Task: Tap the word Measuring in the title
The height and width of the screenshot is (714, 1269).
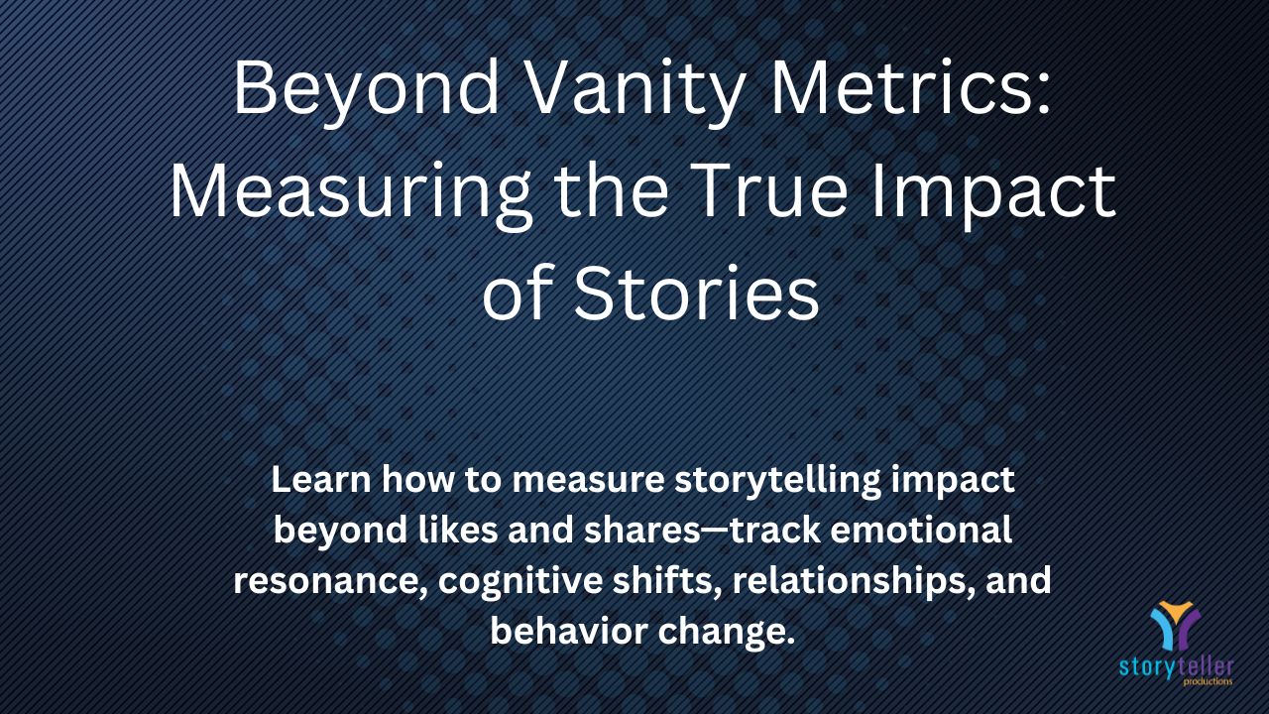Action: [351, 193]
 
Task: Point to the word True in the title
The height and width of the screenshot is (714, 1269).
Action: [771, 189]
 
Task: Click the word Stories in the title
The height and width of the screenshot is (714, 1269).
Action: [696, 293]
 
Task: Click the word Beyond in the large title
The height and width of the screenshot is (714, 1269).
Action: [366, 91]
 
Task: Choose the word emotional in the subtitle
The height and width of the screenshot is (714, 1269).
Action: [921, 530]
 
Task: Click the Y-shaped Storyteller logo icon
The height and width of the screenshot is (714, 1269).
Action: [1176, 625]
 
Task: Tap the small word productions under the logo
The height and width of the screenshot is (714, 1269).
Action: [1208, 681]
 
